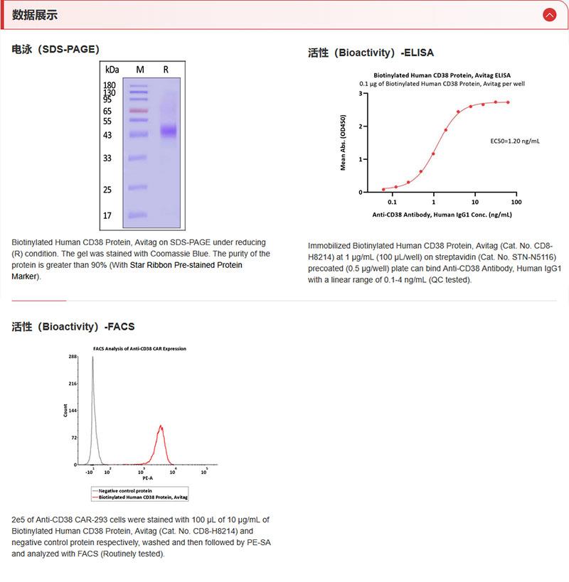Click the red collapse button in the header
[548, 14]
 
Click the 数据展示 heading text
[35, 15]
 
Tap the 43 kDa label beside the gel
[107, 135]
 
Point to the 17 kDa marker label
[107, 215]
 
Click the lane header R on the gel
[166, 69]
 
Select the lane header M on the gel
[139, 69]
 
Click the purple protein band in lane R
[168, 131]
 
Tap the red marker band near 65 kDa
[139, 111]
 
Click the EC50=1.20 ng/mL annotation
[515, 141]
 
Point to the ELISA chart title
[442, 75]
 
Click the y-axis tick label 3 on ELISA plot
[361, 93]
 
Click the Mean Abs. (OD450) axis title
[344, 142]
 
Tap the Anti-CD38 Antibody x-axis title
[442, 214]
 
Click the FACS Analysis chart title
[139, 349]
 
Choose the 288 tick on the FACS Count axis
[73, 357]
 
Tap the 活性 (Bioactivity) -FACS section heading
[73, 327]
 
